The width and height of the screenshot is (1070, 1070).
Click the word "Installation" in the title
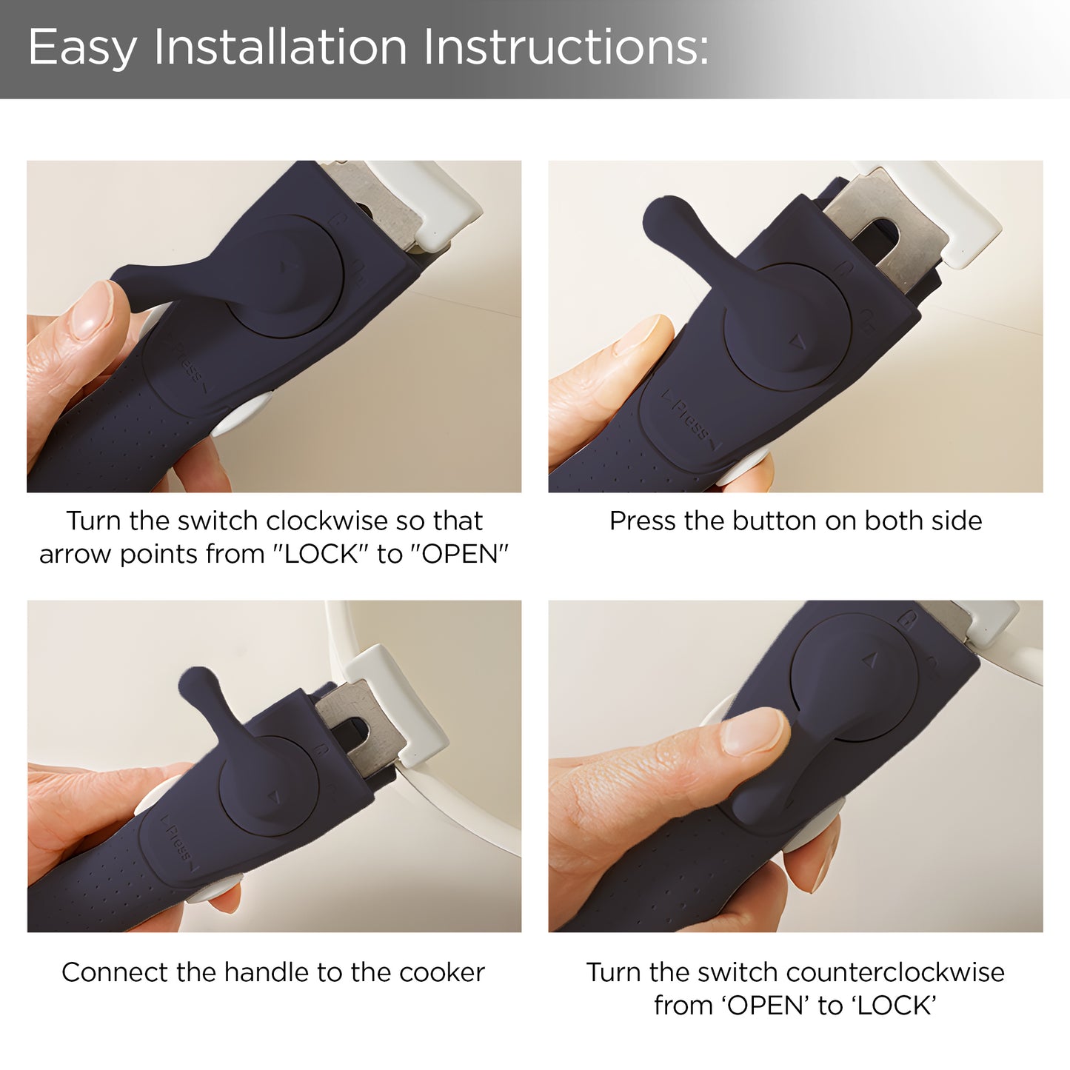(281, 47)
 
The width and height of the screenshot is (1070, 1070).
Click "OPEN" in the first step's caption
(460, 554)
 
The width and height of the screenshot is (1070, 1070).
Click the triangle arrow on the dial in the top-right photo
(798, 341)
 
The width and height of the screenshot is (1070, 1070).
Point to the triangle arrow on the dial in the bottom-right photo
(870, 660)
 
